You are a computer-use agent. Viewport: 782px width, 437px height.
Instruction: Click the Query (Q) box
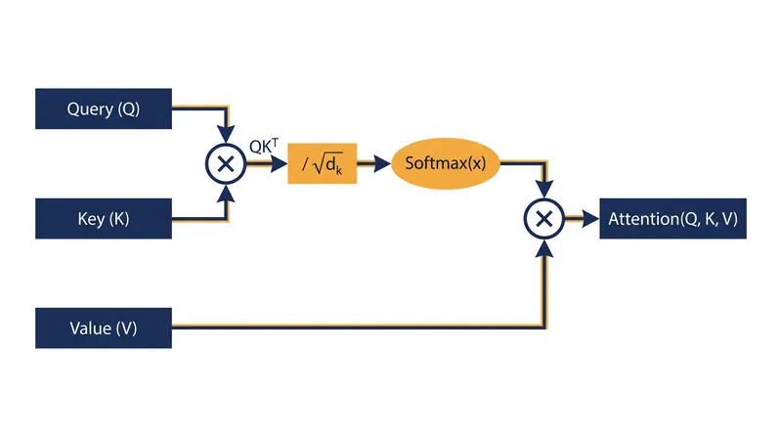point(104,109)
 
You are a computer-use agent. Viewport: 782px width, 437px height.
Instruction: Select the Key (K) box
point(104,219)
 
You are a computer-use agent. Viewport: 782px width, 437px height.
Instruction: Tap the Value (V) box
point(104,328)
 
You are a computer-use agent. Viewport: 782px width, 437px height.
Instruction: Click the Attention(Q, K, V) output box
point(673,219)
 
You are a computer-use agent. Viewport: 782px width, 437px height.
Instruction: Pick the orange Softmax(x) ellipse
point(446,163)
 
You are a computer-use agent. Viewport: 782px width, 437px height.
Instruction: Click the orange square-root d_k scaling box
point(323,163)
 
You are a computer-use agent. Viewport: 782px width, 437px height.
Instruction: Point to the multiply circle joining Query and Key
point(226,163)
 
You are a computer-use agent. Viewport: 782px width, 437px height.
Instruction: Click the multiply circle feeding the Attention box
point(544,219)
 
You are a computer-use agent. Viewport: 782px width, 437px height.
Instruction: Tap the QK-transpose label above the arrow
point(264,146)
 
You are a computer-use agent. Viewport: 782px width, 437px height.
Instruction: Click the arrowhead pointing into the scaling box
point(279,163)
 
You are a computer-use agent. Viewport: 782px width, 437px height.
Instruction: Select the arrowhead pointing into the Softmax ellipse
point(382,163)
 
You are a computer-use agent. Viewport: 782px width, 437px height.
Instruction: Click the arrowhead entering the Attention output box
point(591,219)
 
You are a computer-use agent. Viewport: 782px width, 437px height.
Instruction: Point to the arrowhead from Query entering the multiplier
point(226,134)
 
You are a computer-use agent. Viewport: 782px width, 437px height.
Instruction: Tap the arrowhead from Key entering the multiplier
point(226,194)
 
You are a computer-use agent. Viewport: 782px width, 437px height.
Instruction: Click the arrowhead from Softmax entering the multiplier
point(544,189)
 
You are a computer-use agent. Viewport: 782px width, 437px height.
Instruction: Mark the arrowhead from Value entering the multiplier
point(544,248)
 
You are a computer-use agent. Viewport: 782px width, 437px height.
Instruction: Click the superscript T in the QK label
point(275,143)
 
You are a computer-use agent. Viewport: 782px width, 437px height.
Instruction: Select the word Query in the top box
point(90,109)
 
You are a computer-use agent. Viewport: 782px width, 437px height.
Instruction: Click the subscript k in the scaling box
point(339,170)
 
